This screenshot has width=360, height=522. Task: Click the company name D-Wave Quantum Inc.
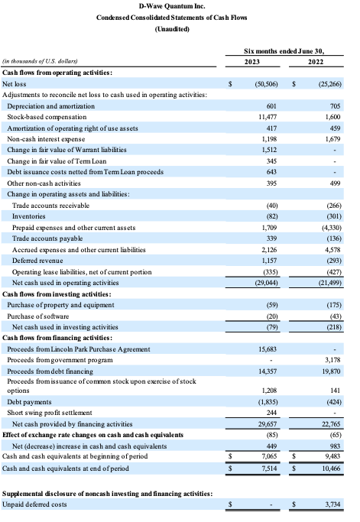[172, 6]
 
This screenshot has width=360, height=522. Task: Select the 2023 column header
[252, 62]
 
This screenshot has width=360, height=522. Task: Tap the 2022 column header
[316, 62]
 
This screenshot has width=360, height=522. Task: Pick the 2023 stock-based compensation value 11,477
[268, 117]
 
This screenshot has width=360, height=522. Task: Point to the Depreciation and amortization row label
[51, 106]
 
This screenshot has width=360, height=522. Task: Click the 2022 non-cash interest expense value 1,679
[332, 139]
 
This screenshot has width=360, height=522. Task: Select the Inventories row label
[28, 216]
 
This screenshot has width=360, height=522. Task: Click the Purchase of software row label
[38, 316]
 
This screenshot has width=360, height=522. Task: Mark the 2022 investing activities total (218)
[334, 327]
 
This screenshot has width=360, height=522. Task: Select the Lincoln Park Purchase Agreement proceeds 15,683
[268, 349]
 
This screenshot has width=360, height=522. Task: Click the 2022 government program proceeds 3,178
[332, 360]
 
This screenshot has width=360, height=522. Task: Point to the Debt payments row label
[29, 402]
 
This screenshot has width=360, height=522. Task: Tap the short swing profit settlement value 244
[272, 413]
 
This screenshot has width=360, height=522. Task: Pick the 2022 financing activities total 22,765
[332, 424]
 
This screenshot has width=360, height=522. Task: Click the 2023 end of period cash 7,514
[269, 469]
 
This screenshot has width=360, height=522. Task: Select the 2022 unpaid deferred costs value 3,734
[332, 504]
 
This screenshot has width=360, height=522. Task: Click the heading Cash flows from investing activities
[57, 294]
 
